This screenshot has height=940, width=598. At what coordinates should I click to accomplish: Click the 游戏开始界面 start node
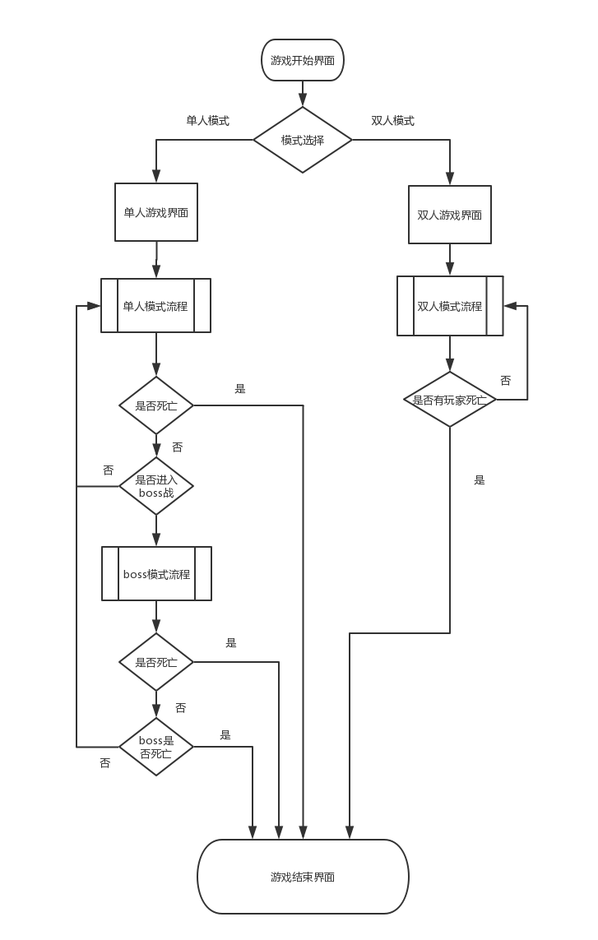click(303, 60)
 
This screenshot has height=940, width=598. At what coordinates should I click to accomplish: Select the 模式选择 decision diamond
click(303, 140)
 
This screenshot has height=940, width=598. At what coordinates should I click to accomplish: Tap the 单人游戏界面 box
click(156, 212)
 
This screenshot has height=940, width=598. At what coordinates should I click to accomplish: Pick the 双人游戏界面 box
click(450, 215)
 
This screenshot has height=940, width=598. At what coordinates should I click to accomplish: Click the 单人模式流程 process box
click(155, 306)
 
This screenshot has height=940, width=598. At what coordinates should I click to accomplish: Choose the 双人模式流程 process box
click(450, 306)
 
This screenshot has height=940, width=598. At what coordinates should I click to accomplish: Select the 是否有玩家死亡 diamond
click(450, 400)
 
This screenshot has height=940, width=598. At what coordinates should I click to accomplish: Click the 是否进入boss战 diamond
click(156, 486)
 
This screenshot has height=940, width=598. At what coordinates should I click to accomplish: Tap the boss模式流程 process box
click(156, 574)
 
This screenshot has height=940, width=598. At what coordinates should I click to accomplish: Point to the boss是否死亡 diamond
click(156, 747)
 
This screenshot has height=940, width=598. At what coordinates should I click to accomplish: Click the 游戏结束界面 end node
click(303, 877)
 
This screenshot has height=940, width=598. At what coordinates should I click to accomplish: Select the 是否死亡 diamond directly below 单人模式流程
click(156, 405)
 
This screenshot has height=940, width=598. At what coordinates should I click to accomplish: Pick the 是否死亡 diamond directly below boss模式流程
click(156, 662)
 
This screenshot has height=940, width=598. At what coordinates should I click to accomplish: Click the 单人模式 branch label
click(207, 120)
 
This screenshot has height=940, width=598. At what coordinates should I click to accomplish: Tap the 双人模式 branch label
click(392, 120)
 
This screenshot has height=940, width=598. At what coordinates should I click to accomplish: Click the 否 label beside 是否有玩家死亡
click(505, 381)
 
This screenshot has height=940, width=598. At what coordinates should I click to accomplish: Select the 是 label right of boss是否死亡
click(225, 735)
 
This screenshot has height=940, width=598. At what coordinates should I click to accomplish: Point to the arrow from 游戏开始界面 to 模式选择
click(303, 94)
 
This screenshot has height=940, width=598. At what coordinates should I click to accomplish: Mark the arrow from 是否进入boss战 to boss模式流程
click(156, 530)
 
